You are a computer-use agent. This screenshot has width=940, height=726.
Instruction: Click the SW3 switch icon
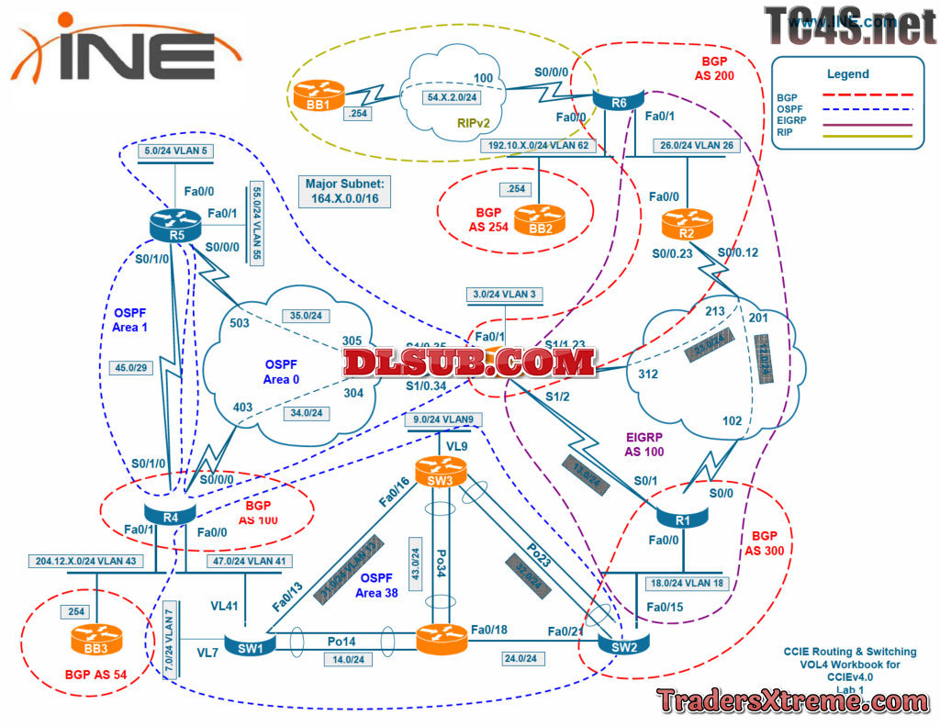point(442,470)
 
